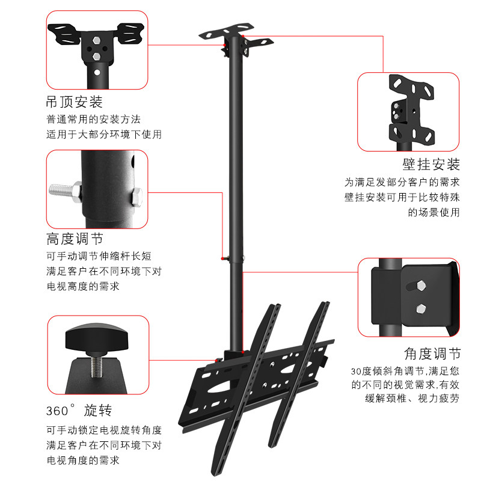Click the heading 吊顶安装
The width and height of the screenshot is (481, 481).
pos(74,101)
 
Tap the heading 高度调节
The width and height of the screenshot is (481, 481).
pos(74,239)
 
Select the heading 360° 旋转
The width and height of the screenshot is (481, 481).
pos(79,411)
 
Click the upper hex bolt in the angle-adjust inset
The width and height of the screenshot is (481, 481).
pos(421,285)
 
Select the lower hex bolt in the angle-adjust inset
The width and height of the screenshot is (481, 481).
pos(421,308)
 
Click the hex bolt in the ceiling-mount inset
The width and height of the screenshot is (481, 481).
pos(96,55)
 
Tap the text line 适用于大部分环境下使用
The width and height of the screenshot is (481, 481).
pos(103,135)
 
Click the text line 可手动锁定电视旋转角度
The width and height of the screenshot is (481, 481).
pos(103,430)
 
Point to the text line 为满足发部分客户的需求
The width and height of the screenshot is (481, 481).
pos(402,182)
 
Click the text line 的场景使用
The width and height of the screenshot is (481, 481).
pos(434,212)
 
